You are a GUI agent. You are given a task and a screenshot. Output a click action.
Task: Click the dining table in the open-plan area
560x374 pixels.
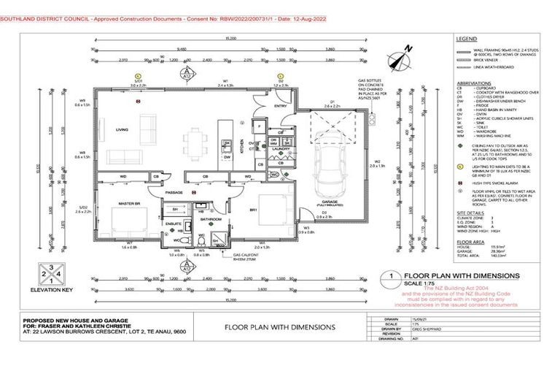(195, 139)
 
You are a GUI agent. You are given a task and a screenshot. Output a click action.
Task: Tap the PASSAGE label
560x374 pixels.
(174, 192)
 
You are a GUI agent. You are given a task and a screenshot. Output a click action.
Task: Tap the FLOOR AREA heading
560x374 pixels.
(470, 240)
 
